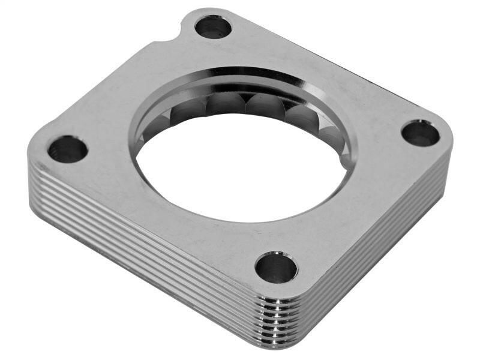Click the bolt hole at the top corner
tap(213, 26)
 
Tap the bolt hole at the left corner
tap(68, 149)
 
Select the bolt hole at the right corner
tap(420, 133)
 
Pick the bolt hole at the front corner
tap(276, 267)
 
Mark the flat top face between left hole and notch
tap(114, 90)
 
